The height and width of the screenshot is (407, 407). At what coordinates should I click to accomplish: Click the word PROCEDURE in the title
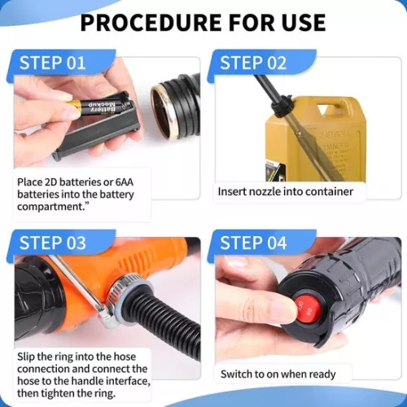pos(151,23)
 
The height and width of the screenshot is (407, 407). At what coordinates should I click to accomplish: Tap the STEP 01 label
pos(52,63)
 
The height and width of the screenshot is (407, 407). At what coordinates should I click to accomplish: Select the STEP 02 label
pos(253,63)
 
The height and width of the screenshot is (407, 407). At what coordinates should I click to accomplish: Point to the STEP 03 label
pos(53,243)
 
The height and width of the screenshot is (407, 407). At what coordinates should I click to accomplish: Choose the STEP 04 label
pos(253,243)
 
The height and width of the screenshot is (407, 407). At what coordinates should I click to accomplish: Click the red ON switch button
pos(308,308)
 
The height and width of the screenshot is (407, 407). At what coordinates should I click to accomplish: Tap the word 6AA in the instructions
pos(125,182)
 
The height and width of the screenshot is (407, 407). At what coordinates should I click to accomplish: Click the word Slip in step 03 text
pos(26,357)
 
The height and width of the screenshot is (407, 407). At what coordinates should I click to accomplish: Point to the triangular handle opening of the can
pos(323,110)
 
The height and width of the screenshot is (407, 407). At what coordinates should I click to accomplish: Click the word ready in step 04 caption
pos(322,374)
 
